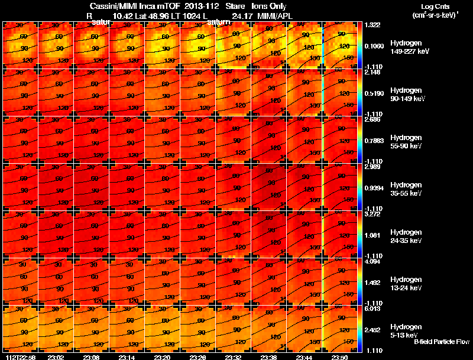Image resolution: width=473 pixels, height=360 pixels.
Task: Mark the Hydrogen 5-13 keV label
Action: [407, 331]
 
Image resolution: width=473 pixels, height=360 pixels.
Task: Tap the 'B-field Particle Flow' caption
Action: [441, 342]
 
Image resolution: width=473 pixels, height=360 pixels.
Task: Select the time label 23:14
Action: [127, 357]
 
